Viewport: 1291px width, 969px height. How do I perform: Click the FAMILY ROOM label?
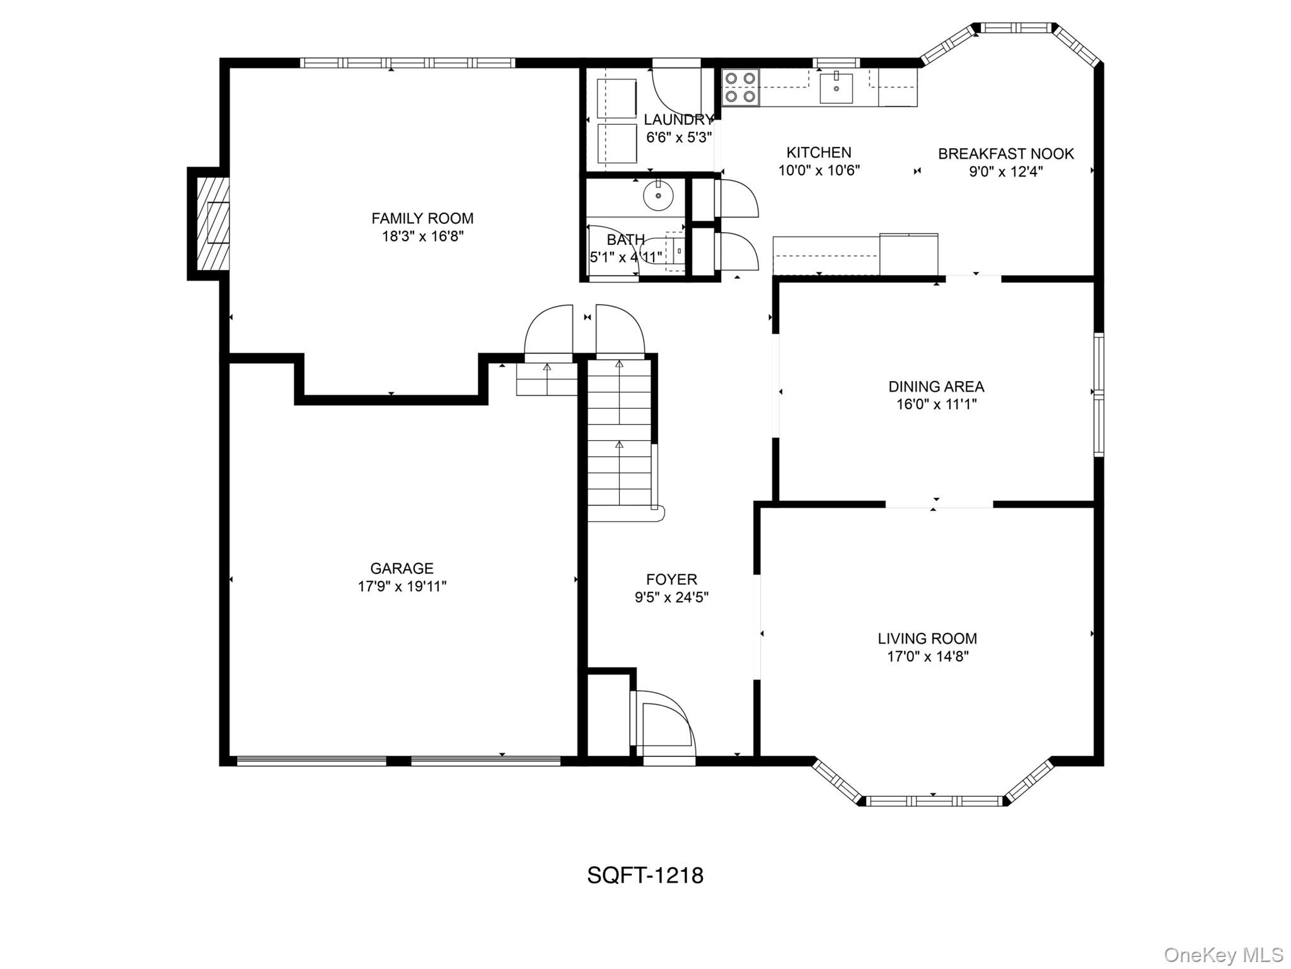tap(422, 218)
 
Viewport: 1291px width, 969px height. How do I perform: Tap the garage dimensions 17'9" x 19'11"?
tap(402, 586)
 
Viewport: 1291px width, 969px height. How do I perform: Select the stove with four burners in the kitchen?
tap(740, 87)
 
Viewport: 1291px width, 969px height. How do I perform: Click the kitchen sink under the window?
tap(836, 88)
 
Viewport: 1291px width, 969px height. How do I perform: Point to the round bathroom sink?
tap(658, 195)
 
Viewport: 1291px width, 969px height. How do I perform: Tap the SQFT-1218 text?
tap(645, 876)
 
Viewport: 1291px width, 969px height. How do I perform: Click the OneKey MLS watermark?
tap(1223, 954)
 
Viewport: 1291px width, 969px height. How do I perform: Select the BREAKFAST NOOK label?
tap(1005, 154)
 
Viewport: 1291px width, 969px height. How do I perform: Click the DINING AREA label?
tap(936, 387)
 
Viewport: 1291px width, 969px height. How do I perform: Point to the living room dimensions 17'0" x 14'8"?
tap(927, 657)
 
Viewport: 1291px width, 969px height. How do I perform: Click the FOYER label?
tap(671, 579)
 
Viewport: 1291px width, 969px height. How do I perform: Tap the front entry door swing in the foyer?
tap(665, 725)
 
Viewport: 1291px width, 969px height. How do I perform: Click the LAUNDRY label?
tap(678, 120)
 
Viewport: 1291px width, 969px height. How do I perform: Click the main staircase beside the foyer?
tap(619, 435)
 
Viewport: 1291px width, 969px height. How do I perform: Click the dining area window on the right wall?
tap(1099, 394)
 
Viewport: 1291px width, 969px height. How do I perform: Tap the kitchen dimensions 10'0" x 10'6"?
tap(819, 170)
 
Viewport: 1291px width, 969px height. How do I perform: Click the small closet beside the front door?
tap(608, 716)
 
